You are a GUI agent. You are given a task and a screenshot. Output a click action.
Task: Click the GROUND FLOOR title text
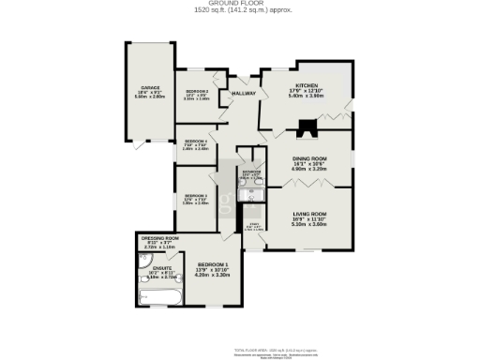tap(239, 3)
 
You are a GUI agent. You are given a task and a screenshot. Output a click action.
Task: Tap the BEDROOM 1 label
tap(212, 265)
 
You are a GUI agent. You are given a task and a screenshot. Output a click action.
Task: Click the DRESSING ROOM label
tap(159, 238)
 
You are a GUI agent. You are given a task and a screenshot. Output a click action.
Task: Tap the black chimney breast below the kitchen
tap(305, 131)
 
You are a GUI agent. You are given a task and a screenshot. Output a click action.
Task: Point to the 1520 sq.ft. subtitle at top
tap(239, 10)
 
